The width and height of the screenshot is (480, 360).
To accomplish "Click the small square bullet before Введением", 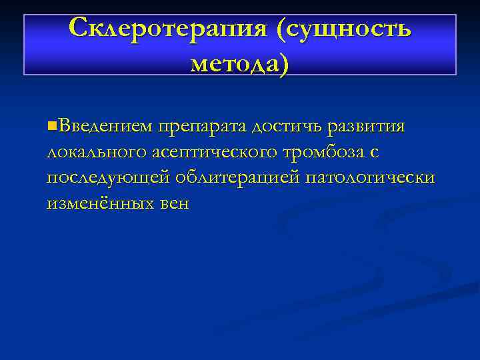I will [x=52, y=125].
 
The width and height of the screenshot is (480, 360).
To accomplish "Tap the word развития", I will [x=372, y=126].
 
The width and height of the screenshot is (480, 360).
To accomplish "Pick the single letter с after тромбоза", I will [x=375, y=153].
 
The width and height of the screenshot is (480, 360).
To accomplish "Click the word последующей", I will [x=107, y=178].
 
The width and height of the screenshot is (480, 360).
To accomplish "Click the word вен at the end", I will [x=173, y=204].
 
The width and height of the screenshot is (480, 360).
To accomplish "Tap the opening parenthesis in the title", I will [x=282, y=29].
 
